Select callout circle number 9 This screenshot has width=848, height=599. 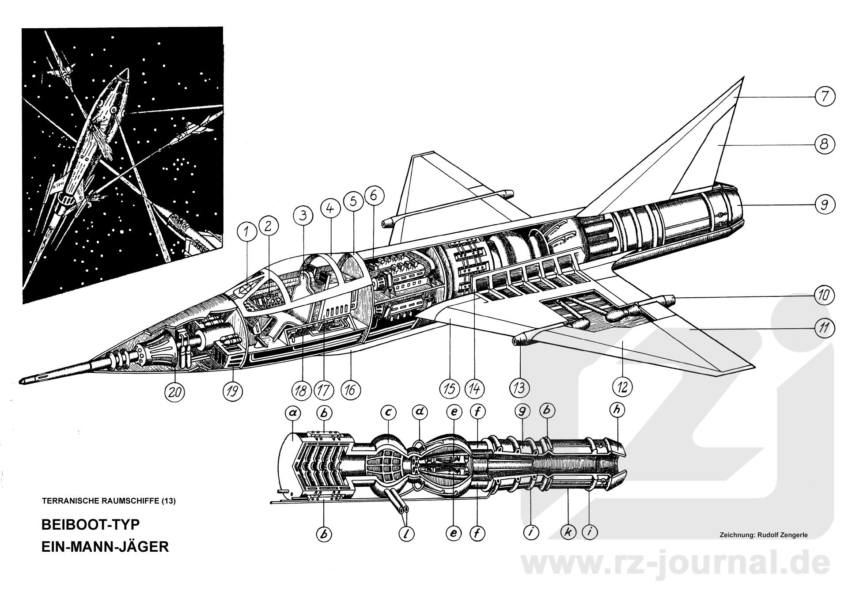coord(824,205)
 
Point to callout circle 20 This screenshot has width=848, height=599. coord(175,391)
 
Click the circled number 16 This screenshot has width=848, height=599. coord(351,390)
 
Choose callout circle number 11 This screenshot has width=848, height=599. coord(824,328)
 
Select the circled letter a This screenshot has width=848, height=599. coord(292,413)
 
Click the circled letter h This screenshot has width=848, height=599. coord(617,410)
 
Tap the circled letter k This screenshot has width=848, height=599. coord(568,533)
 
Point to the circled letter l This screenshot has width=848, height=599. coord(407,534)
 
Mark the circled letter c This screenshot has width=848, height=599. coord(388,413)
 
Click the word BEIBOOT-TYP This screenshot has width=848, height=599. coord(90,524)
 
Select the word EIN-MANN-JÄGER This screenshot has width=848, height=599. coord(105,546)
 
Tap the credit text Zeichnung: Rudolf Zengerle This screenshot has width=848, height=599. coord(763,535)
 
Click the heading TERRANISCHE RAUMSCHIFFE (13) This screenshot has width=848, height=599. coord(109,501)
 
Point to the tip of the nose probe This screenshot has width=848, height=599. coord(21,381)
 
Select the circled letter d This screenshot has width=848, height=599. coord(420,412)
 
